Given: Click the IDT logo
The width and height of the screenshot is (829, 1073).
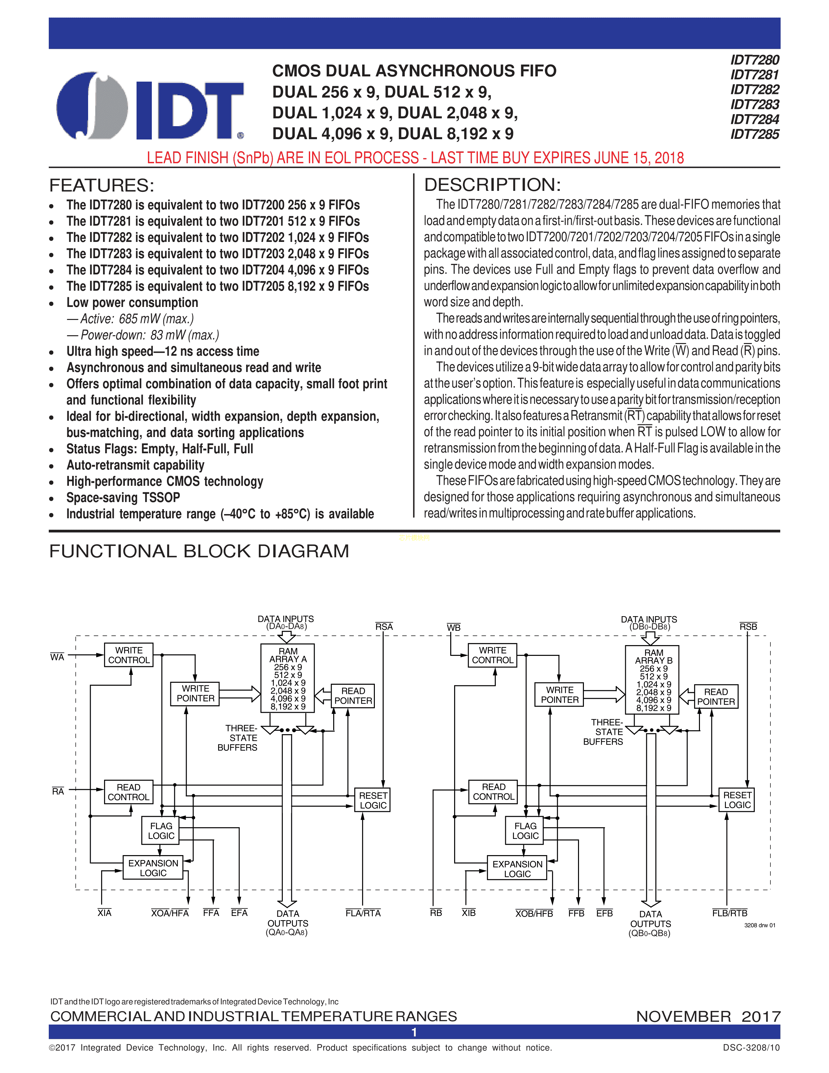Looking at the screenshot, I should pyautogui.click(x=150, y=106).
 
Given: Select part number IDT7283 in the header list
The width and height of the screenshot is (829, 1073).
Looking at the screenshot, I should pyautogui.click(x=754, y=105).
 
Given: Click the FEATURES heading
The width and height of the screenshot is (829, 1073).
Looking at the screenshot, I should pyautogui.click(x=102, y=186).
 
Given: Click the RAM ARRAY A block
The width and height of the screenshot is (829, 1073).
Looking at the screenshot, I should pyautogui.click(x=288, y=678).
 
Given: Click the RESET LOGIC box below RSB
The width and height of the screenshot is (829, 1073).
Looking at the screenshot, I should pyautogui.click(x=737, y=800).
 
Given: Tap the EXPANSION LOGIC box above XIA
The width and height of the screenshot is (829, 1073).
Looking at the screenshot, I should pyautogui.click(x=153, y=868).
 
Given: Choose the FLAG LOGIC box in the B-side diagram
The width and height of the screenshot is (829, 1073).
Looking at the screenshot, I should pyautogui.click(x=525, y=831).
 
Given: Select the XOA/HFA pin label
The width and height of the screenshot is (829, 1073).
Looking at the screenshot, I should pyautogui.click(x=170, y=913).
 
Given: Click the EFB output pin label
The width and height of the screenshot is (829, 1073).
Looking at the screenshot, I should pyautogui.click(x=605, y=913).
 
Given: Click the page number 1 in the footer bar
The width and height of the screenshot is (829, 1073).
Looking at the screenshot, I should pyautogui.click(x=414, y=1032).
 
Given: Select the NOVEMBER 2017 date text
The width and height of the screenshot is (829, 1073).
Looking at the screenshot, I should pyautogui.click(x=708, y=1016).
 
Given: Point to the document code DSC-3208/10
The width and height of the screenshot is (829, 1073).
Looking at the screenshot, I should pyautogui.click(x=751, y=1047).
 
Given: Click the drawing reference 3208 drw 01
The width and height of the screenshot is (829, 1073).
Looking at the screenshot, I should pyautogui.click(x=759, y=925).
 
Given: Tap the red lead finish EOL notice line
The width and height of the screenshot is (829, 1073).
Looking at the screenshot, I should pyautogui.click(x=415, y=158).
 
